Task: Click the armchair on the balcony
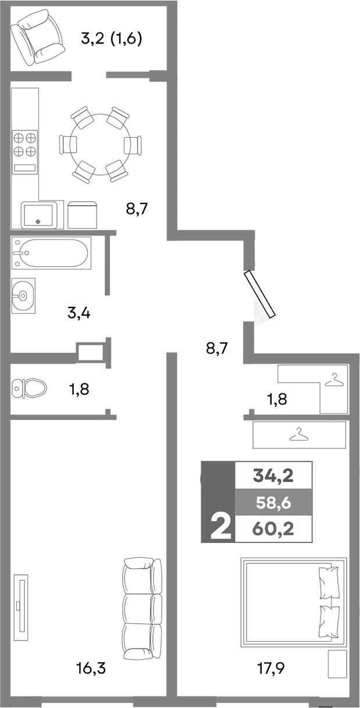coord(38,38)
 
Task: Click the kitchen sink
coord(39,215)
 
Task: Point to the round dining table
coord(101,144)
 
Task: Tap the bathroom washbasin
coord(22,295)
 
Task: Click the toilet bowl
coord(29,388)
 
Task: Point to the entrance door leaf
coord(259,295)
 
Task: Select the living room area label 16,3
coord(91,668)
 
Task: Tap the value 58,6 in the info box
coord(273,502)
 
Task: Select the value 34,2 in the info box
coord(273,476)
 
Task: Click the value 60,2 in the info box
coord(273,529)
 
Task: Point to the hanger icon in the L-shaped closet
coord(334,381)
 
